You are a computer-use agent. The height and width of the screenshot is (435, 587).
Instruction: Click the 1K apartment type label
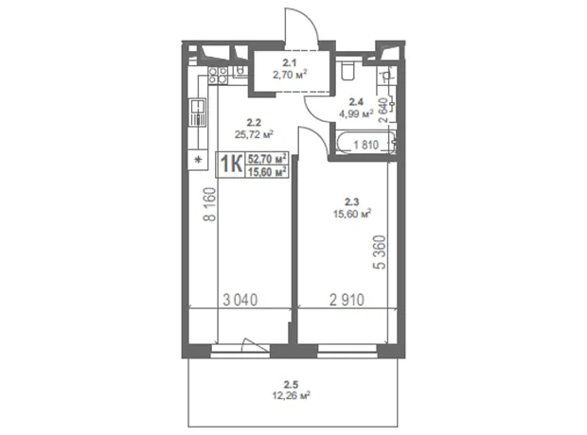pos(231,165)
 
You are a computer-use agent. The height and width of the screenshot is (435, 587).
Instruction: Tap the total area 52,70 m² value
pos(267,159)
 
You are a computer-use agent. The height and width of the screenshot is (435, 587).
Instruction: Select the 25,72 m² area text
pos(254,134)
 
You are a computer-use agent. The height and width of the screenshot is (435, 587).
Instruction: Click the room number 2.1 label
pos(290,63)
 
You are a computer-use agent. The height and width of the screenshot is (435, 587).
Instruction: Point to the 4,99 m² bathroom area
pos(356,113)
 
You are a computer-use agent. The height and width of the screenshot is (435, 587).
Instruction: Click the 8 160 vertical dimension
pos(210,204)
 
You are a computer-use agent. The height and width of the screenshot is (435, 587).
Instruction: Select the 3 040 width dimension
pos(240,300)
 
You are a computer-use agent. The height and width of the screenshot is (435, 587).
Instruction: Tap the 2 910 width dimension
pos(347,300)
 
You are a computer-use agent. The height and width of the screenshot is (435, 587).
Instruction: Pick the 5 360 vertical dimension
pos(380,252)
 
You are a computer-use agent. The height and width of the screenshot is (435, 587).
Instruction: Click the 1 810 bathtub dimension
pos(366,145)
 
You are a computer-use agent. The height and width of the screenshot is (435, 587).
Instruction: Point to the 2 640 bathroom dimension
pos(383,111)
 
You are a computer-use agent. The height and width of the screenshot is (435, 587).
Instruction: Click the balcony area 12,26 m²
pos(292,395)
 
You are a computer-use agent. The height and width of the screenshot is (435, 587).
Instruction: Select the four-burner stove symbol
pos(218,76)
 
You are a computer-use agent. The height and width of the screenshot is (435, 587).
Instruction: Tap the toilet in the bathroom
pos(348,70)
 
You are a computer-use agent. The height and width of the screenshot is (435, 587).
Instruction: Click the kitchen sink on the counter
pos(197,113)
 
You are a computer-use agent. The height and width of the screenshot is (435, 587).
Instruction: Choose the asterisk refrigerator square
pos(198,160)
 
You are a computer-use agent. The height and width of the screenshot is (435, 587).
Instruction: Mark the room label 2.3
pos(351,202)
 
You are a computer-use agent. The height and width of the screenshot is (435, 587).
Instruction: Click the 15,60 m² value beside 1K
pos(267,171)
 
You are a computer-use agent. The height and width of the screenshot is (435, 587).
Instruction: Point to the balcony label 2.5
pos(291,384)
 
